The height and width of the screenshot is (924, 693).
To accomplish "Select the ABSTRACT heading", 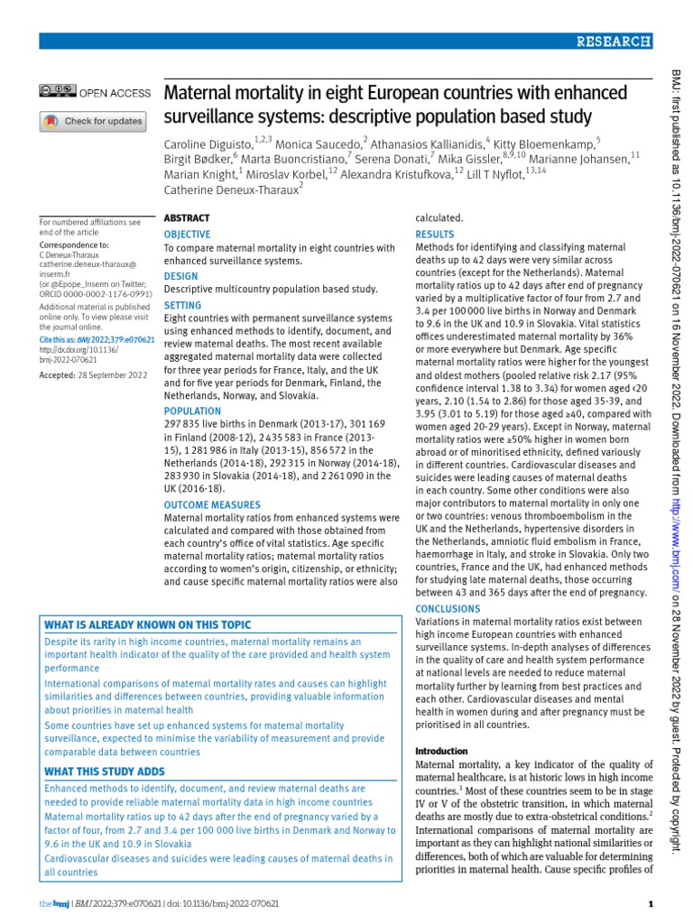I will [x=186, y=218].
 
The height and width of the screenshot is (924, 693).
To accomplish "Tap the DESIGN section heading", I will [x=180, y=275].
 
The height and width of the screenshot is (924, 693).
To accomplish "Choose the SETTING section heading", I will [x=183, y=306].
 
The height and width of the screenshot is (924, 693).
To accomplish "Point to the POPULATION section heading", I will [x=193, y=411].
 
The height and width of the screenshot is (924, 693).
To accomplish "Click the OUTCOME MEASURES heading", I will [x=212, y=505].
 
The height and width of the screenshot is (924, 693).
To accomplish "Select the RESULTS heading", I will [x=434, y=234].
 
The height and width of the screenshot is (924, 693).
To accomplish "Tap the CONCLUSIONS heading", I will [x=448, y=608].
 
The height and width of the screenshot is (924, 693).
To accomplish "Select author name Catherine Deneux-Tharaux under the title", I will [x=230, y=189].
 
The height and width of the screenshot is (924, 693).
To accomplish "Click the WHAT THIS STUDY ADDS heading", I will [x=105, y=772].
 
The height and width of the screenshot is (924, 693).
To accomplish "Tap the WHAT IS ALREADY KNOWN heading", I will [x=148, y=625].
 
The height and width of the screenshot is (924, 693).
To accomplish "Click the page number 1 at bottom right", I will [x=651, y=904].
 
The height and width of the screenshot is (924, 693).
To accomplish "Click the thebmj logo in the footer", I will [x=52, y=904].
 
